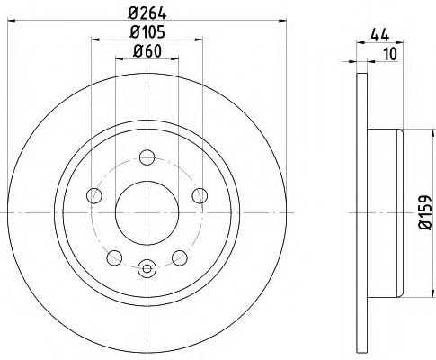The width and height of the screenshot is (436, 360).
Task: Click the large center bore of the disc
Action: pyautogui.click(x=147, y=212)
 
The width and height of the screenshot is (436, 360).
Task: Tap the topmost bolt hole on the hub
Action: pyautogui.click(x=147, y=158)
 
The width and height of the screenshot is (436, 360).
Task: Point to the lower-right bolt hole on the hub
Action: pyautogui.click(x=178, y=256)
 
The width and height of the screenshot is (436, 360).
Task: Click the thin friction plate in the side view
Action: pyautogui.click(x=361, y=212)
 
